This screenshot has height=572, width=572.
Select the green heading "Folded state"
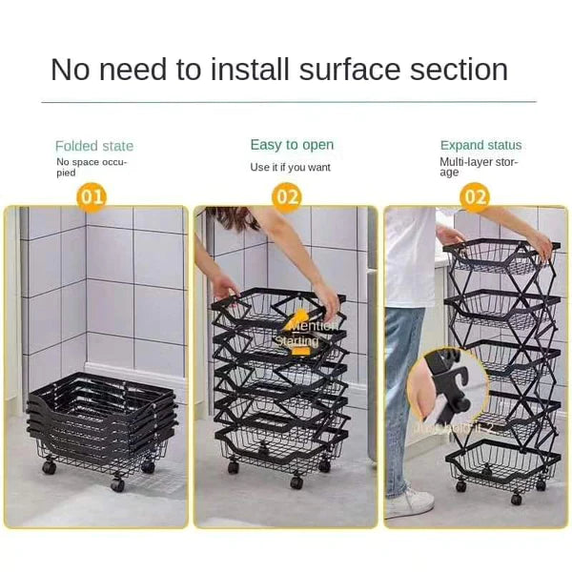point(94,146)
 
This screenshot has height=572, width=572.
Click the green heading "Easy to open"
point(292,145)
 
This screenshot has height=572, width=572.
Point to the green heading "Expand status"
point(480,145)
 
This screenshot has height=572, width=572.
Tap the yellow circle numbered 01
point(92,197)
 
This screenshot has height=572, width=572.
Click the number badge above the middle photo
point(287,197)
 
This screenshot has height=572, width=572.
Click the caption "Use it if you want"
point(290,167)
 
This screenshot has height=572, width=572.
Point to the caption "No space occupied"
point(92,168)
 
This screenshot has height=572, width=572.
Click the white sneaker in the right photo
point(409,501)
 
